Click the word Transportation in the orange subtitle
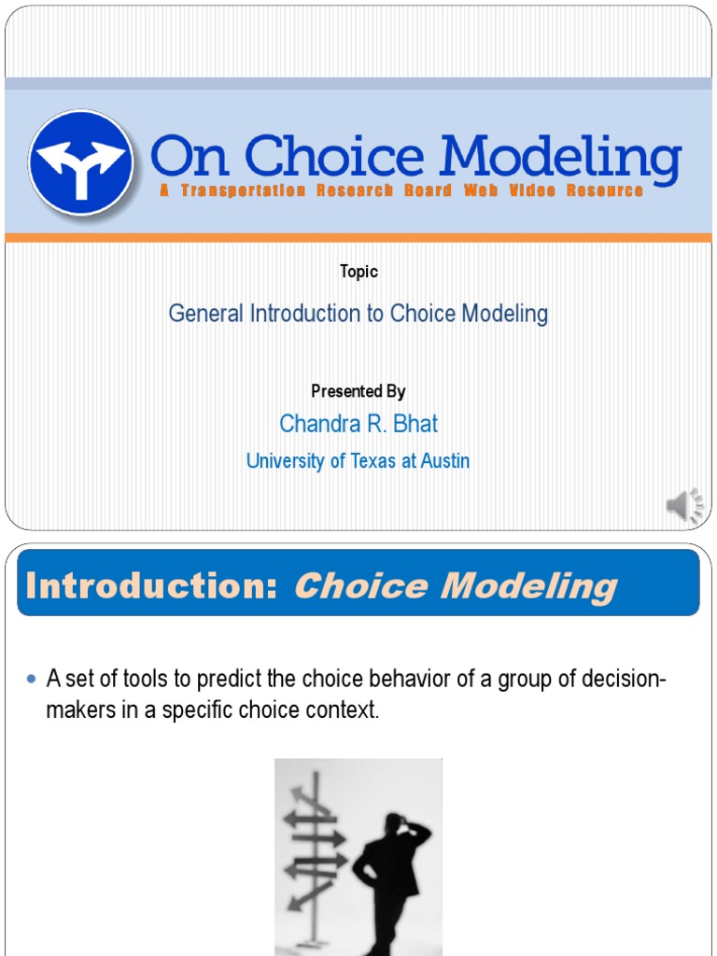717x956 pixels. (244, 190)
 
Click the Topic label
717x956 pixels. (358, 272)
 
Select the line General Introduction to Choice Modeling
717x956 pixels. (358, 314)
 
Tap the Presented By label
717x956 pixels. (358, 391)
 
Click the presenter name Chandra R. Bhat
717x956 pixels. (358, 424)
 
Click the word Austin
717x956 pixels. (444, 461)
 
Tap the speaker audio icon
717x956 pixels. (684, 506)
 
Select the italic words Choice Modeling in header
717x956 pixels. (456, 586)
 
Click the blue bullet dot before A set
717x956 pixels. (33, 677)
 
